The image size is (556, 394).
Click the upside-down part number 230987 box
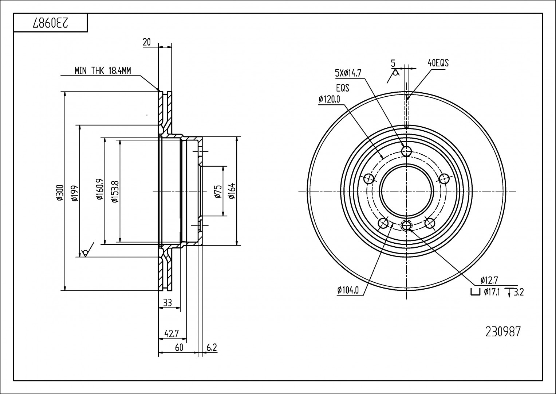tap(50, 23)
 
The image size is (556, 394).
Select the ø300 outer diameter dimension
tap(60, 192)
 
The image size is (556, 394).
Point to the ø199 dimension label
tap(74, 192)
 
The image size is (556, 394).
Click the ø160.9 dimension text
tap(99, 190)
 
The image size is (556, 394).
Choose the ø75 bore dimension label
tap(218, 192)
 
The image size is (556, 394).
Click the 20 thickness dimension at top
tap(147, 42)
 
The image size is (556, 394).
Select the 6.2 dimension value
tap(211, 348)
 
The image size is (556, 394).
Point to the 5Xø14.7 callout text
tap(348, 73)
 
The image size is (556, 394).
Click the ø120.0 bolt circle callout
tap(329, 99)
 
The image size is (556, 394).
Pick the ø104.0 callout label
tap(348, 290)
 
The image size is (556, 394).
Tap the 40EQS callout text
tap(438, 63)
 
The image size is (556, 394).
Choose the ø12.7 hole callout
tap(489, 280)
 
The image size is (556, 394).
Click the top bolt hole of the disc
tap(406, 151)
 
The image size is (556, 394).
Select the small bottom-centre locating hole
tap(406, 226)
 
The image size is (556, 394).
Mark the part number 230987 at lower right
tap(503, 332)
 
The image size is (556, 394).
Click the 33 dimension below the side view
tap(167, 303)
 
